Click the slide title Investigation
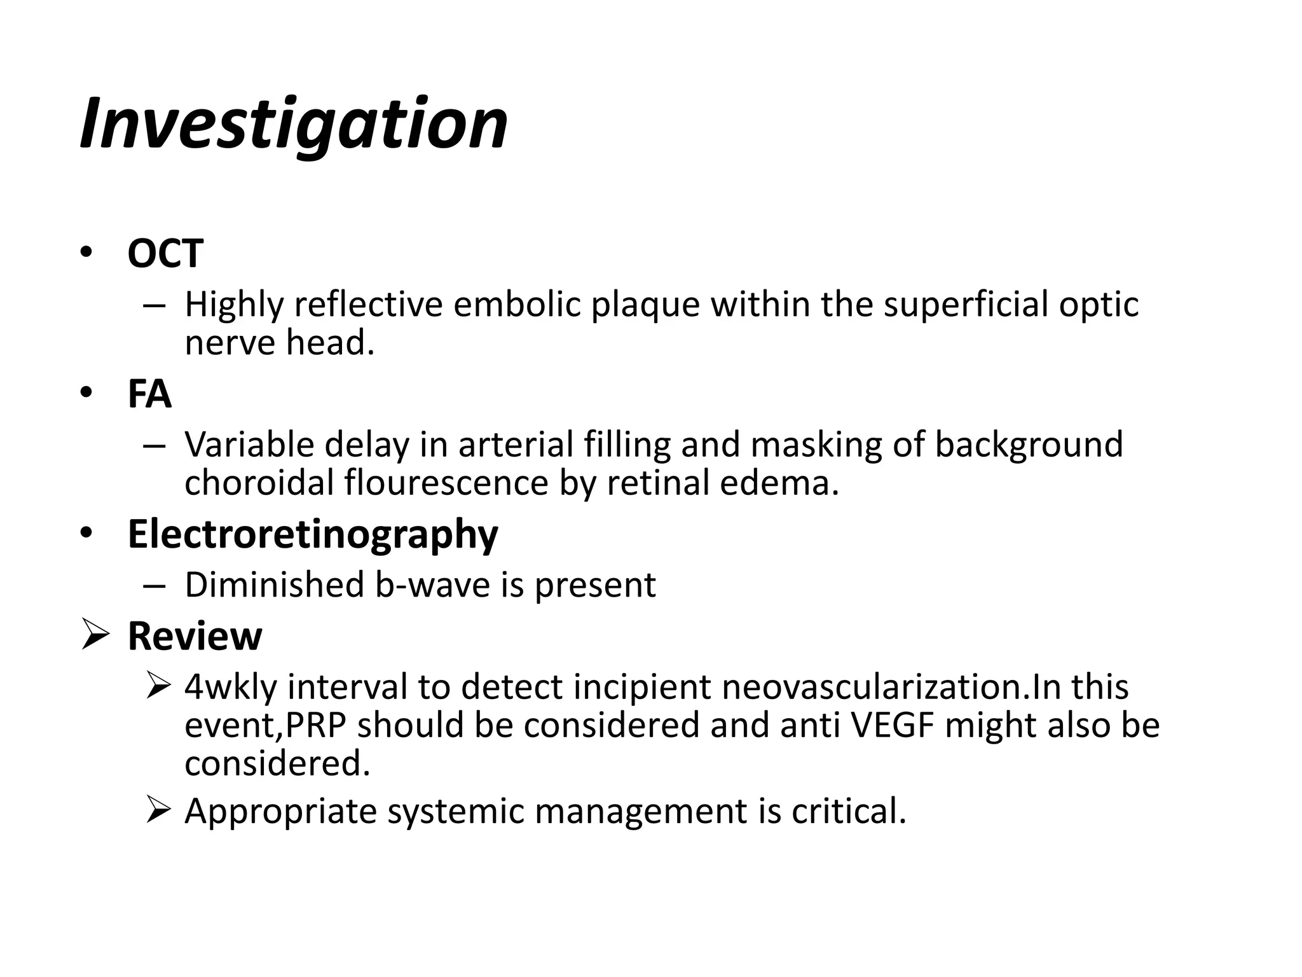coord(294,124)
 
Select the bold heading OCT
coord(165,253)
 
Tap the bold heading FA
coord(149,394)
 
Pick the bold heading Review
coord(195,635)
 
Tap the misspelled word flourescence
coord(446,482)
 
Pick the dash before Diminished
coord(154,585)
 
